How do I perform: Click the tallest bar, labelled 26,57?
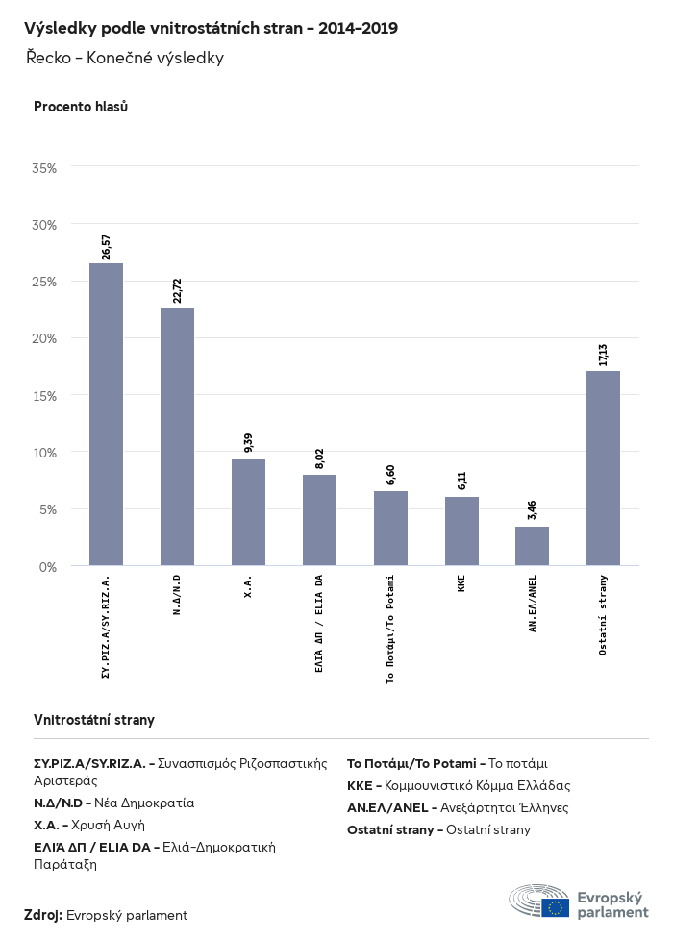(x=106, y=414)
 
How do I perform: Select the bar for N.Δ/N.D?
(x=177, y=436)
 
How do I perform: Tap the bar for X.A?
(x=248, y=512)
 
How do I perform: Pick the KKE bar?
(x=461, y=531)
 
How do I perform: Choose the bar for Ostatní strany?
(x=603, y=468)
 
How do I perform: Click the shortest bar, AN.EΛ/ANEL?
(x=532, y=546)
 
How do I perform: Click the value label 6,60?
(x=390, y=472)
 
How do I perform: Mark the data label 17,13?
(x=603, y=352)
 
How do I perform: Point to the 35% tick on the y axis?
(x=44, y=168)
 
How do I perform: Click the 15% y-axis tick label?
(x=44, y=396)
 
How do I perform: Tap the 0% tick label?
(x=48, y=567)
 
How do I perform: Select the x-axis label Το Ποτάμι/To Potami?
(x=390, y=628)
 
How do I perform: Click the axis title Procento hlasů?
(x=81, y=107)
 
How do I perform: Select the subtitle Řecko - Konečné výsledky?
(x=125, y=58)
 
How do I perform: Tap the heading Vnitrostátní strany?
(x=94, y=720)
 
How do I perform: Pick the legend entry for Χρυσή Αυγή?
(x=89, y=825)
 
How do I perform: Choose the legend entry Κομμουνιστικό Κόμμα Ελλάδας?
(x=459, y=785)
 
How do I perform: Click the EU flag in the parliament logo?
(x=555, y=906)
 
